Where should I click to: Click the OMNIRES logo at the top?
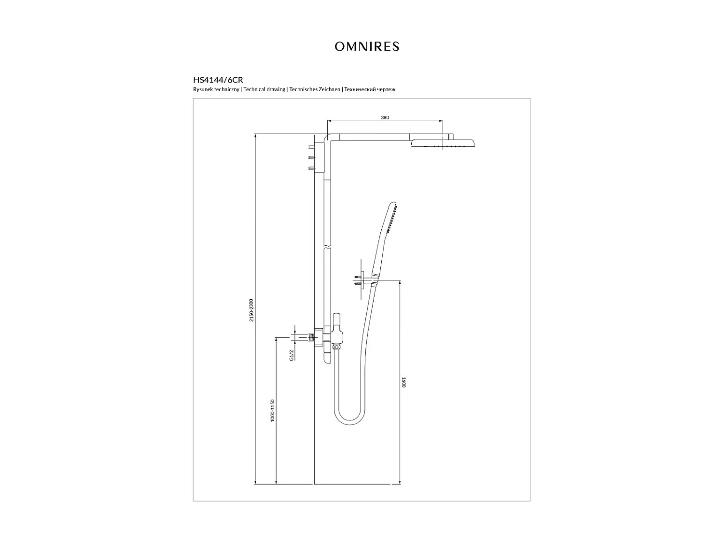[367, 46]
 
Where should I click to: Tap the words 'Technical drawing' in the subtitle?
[265, 90]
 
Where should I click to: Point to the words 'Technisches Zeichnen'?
[315, 90]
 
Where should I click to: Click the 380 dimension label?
[385, 117]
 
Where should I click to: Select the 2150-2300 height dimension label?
[251, 310]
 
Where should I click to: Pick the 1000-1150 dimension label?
[272, 411]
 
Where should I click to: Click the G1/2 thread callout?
[292, 356]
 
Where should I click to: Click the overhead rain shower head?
[443, 144]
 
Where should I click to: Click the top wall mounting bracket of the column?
[309, 157]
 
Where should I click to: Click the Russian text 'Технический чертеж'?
[370, 90]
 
